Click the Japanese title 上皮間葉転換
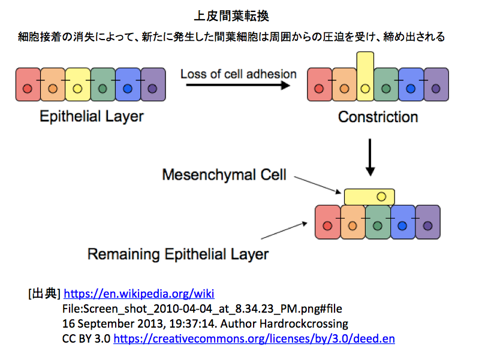pos(231,16)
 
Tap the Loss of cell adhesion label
pos(238,74)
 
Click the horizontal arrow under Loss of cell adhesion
pos(238,85)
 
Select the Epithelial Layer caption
pos(92,117)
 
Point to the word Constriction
pos(378,117)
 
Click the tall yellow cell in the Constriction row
pos(365,76)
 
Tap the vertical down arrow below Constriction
pos(370,158)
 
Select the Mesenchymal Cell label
pos(224,175)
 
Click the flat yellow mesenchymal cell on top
pos(369,197)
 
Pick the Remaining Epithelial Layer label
pos(178,255)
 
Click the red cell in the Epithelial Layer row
pos(28,84)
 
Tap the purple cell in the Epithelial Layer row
pos(153,84)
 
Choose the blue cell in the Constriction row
pos(411,84)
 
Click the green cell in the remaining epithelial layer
pos(378,222)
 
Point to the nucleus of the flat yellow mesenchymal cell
pos(381,196)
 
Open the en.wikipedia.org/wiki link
pos(139,294)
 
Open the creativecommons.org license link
pos(254,338)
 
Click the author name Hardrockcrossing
pos(304,323)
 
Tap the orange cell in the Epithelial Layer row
pos(53,84)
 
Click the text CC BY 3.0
pos(86,338)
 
